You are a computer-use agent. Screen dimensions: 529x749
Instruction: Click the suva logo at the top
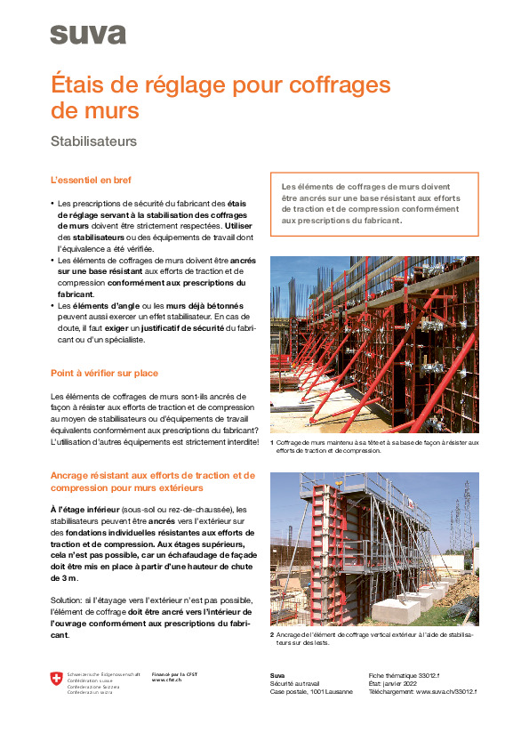click(x=88, y=34)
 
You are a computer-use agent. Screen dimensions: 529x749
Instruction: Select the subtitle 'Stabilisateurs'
click(x=93, y=141)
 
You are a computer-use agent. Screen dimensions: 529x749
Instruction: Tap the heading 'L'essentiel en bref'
click(x=94, y=181)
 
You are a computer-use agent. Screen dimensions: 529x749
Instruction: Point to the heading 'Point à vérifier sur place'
click(x=105, y=373)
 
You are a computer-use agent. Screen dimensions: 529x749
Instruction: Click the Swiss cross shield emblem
click(x=58, y=679)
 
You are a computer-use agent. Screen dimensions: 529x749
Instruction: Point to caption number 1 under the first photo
click(x=272, y=442)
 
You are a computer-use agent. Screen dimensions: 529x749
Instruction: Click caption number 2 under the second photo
click(x=272, y=634)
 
